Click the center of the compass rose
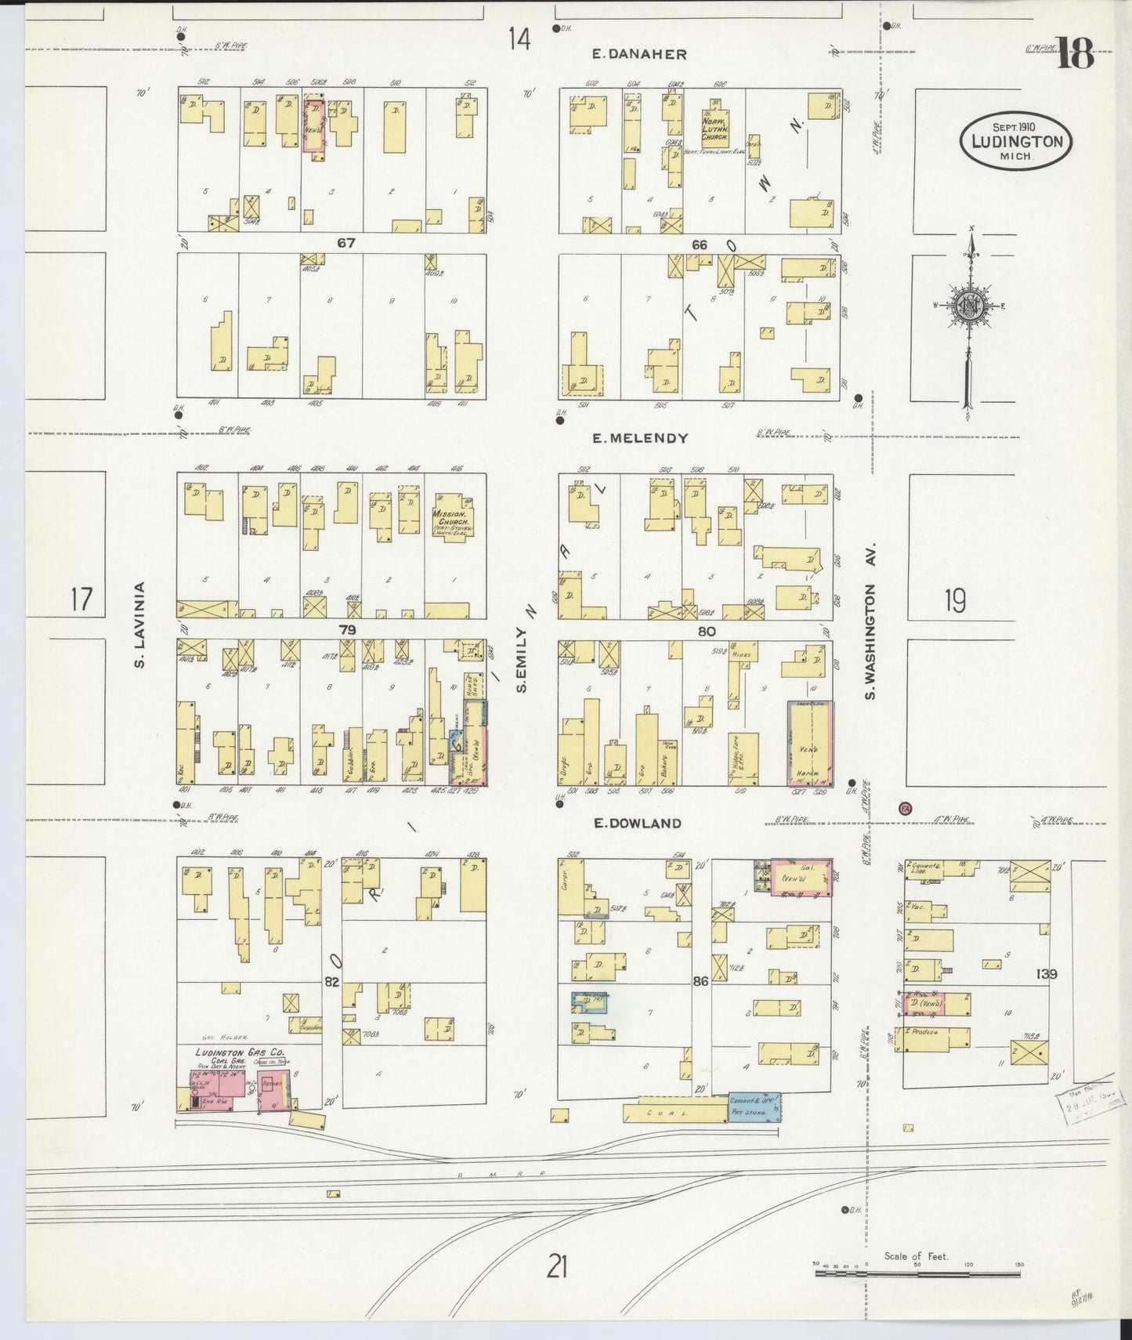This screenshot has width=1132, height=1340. click(970, 306)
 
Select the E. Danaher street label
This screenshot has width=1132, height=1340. click(639, 54)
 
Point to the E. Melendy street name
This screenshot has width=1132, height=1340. click(640, 438)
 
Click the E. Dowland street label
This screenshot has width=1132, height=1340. click(637, 823)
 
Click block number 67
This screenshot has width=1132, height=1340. click(346, 244)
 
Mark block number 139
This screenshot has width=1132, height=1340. click(1047, 974)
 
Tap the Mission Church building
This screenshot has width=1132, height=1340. click(451, 518)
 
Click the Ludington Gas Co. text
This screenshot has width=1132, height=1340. click(240, 1052)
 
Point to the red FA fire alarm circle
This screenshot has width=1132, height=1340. click(906, 808)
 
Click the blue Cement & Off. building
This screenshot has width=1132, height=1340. click(754, 1106)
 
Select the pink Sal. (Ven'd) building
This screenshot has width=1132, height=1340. click(801, 877)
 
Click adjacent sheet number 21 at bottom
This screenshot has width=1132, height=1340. click(556, 1266)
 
